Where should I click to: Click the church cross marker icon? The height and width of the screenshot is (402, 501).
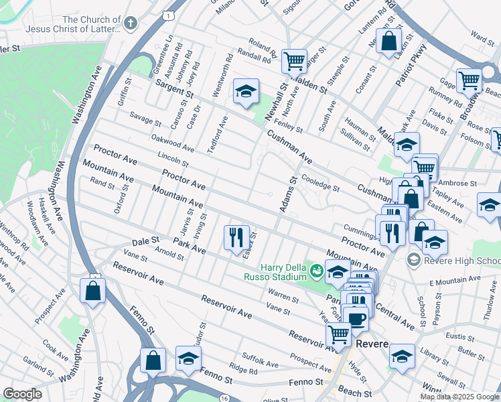(x=130, y=23)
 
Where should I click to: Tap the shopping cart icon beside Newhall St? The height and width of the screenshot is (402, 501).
(x=294, y=61)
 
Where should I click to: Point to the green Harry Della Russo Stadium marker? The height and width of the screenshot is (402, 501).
(x=316, y=271)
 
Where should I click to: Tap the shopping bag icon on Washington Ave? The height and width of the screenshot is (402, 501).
(x=92, y=290)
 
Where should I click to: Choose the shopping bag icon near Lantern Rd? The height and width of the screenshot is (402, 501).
(x=388, y=42)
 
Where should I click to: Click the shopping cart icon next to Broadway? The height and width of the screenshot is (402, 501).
(x=470, y=80)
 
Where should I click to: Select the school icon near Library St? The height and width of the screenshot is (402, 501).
(x=402, y=356)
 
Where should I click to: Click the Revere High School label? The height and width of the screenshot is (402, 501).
(x=462, y=261)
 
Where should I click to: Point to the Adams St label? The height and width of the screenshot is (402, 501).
(x=287, y=194)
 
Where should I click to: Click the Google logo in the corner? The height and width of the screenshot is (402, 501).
(x=22, y=394)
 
